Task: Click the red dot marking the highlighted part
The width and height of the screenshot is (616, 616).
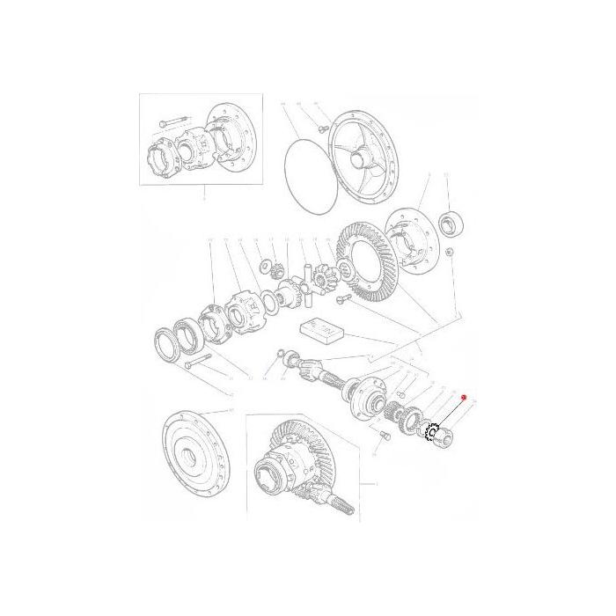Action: pyautogui.click(x=464, y=398)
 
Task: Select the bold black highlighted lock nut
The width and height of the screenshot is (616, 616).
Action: pyautogui.click(x=432, y=432)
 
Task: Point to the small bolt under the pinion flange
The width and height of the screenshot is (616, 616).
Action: pyautogui.click(x=385, y=435)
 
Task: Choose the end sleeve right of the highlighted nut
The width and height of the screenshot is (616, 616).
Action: pyautogui.click(x=451, y=434)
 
